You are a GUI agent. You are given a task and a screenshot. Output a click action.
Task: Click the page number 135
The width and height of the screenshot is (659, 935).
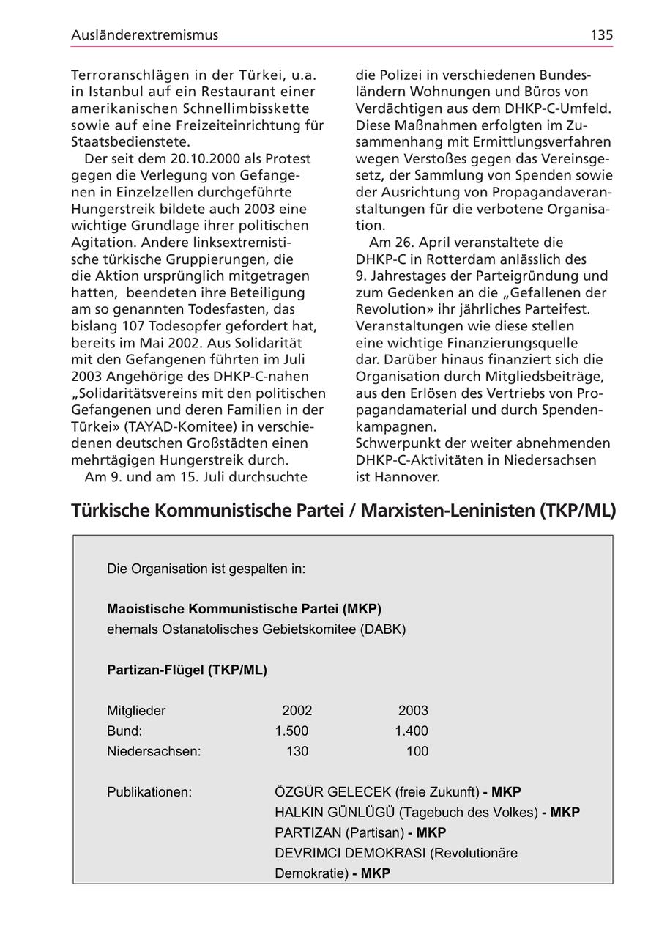pyautogui.click(x=601, y=34)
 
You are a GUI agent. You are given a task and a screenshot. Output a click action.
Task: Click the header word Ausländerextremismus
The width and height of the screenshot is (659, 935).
pyautogui.click(x=145, y=34)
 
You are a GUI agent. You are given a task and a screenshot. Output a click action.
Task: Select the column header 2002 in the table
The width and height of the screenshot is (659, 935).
pyautogui.click(x=297, y=711)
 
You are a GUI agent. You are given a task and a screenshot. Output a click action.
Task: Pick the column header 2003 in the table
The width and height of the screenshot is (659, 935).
pyautogui.click(x=413, y=711)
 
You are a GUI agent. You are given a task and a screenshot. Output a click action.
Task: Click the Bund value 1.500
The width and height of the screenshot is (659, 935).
pyautogui.click(x=291, y=731)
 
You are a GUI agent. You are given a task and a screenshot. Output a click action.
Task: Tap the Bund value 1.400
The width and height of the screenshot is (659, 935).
pyautogui.click(x=412, y=731)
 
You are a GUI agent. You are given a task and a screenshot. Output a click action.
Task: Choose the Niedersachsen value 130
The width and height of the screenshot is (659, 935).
pyautogui.click(x=297, y=752)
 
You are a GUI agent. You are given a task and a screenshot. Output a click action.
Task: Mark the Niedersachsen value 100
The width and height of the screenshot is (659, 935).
pyautogui.click(x=417, y=752)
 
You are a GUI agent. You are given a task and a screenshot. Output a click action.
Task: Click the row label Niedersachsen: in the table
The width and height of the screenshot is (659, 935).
pyautogui.click(x=154, y=752)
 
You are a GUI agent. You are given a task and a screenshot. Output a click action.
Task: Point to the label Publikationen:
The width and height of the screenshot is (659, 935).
pyautogui.click(x=149, y=792)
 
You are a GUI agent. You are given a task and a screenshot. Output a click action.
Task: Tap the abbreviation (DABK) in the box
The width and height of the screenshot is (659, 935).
pyautogui.click(x=382, y=629)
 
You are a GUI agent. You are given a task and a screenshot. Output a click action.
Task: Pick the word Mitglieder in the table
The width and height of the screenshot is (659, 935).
pyautogui.click(x=136, y=711)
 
